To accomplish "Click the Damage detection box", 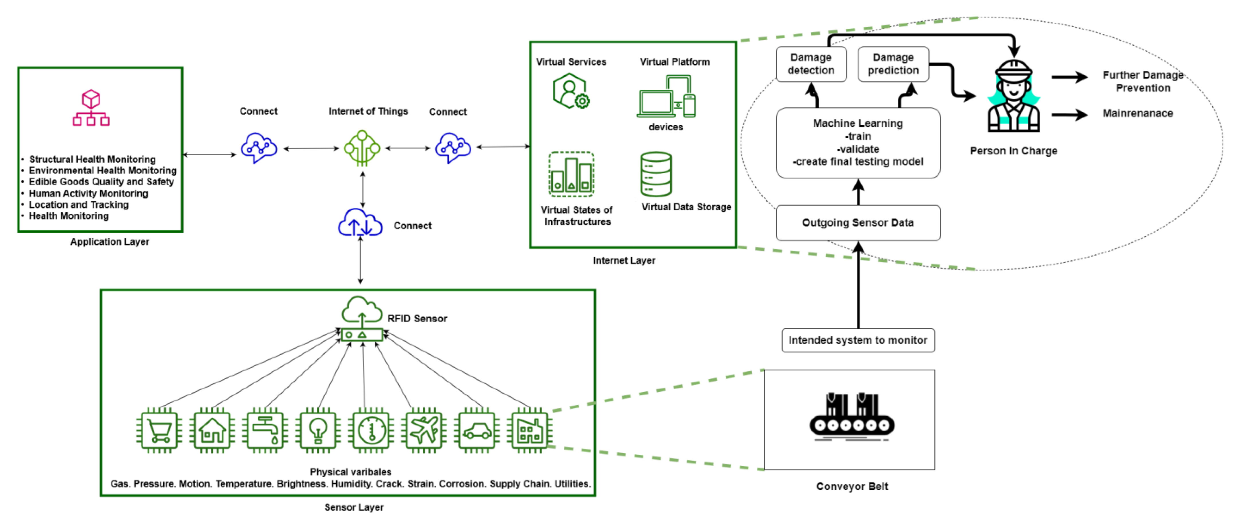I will click(x=811, y=64).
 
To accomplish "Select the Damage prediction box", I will click(x=893, y=64).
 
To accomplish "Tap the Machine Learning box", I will click(x=858, y=142).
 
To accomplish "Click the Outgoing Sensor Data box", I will click(x=858, y=223).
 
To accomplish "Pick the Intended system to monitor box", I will click(x=858, y=340).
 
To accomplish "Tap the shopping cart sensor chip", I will click(x=159, y=430).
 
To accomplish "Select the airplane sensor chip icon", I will click(x=424, y=430).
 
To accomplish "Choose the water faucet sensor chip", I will click(x=265, y=430).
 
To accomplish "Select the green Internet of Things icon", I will click(x=362, y=148).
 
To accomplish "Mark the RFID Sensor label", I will click(x=417, y=319).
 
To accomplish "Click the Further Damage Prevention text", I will click(x=1143, y=82).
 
